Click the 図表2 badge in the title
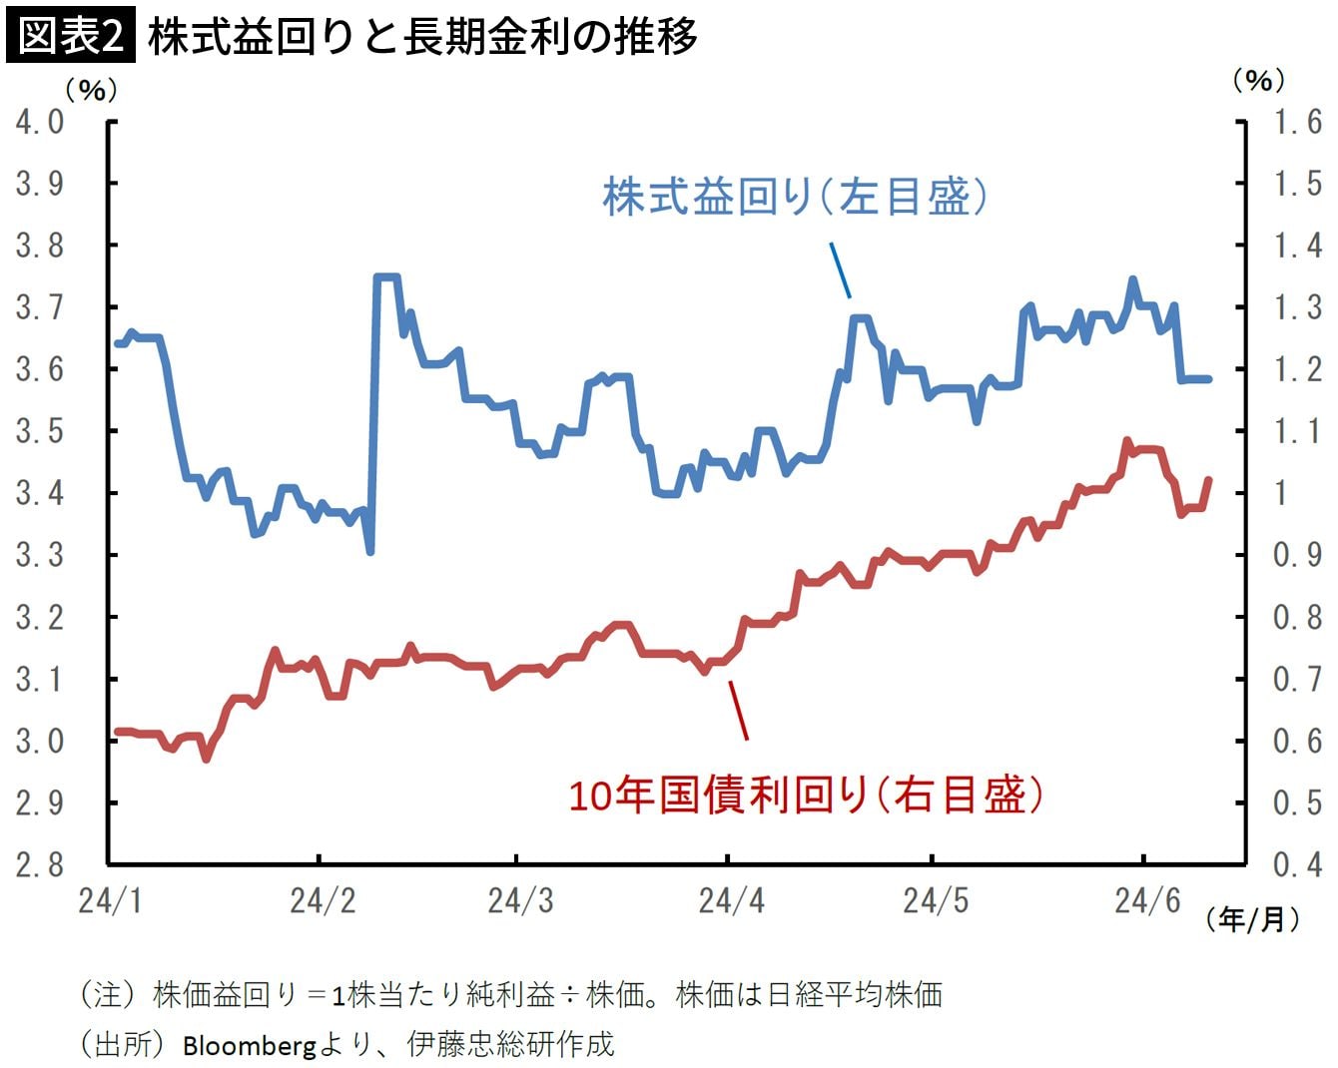click(x=69, y=37)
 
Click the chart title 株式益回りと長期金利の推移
click(x=421, y=37)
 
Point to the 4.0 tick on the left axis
click(x=40, y=122)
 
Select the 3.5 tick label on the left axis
click(x=40, y=431)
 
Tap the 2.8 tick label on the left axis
click(x=40, y=864)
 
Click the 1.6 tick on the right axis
click(x=1297, y=122)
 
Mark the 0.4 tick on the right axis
click(x=1297, y=864)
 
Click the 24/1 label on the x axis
click(x=110, y=901)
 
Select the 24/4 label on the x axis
click(x=731, y=901)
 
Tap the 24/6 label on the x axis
click(x=1146, y=901)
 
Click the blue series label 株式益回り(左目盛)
click(x=795, y=197)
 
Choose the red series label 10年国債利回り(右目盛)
click(x=805, y=796)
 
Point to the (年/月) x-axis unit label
click(x=1253, y=918)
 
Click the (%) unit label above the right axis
click(x=1258, y=80)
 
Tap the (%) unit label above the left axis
click(x=91, y=90)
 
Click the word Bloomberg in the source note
click(x=249, y=1045)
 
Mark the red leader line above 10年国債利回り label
click(x=738, y=710)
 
